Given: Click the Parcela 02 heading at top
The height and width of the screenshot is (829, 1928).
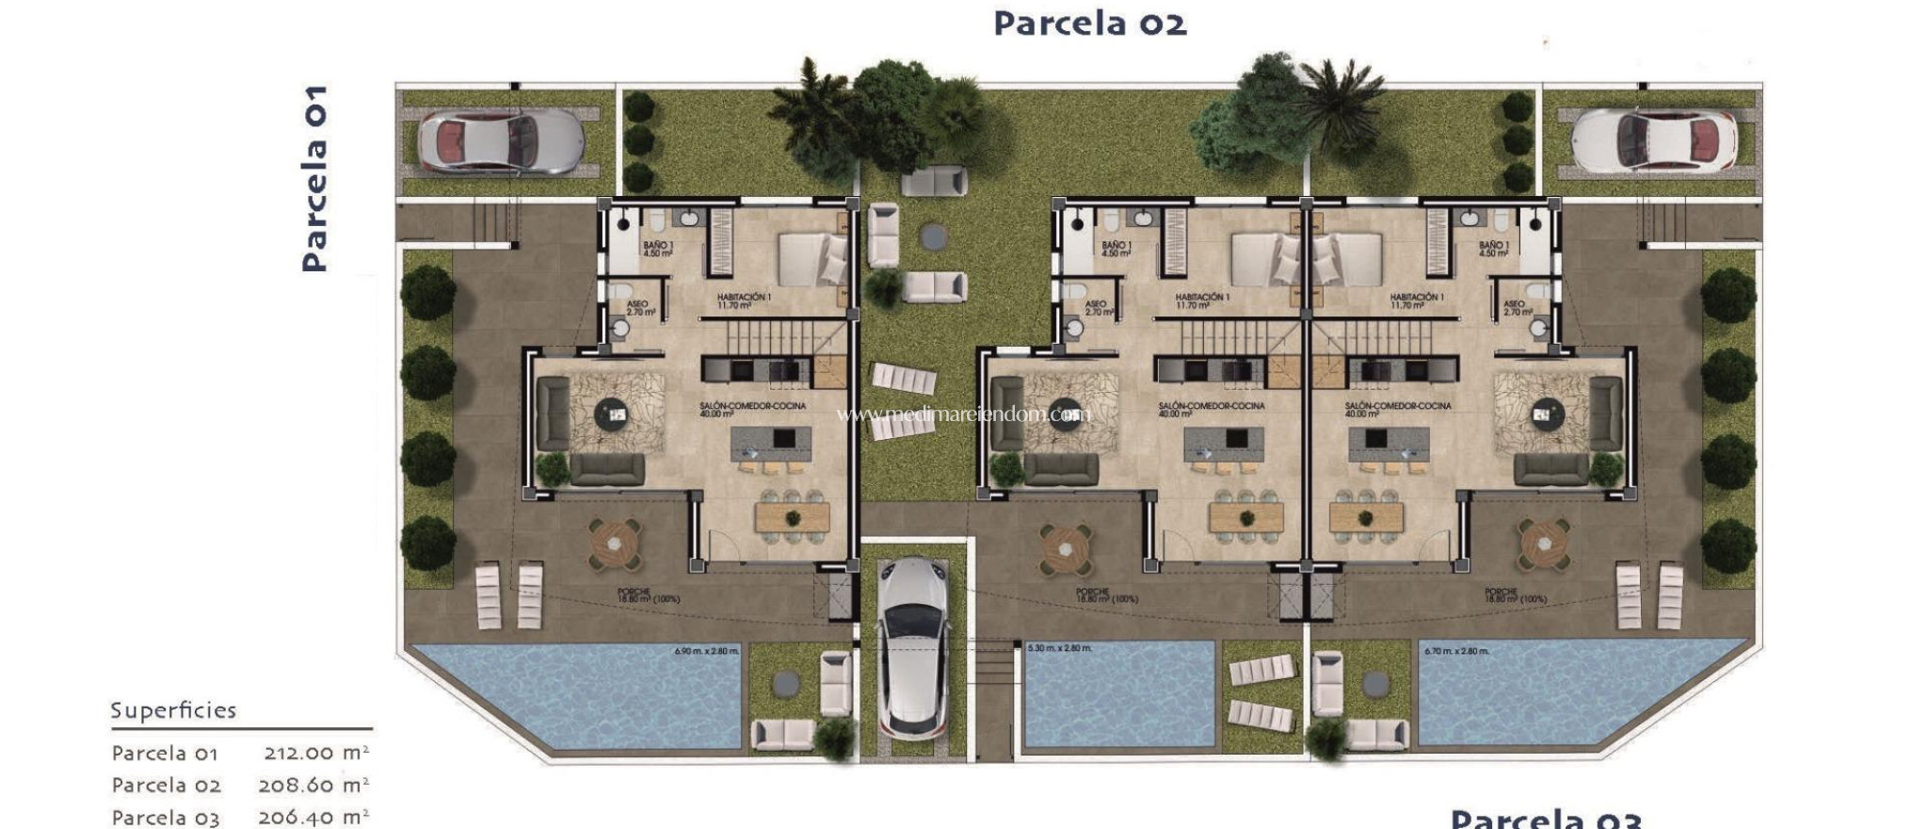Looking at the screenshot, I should click(x=1089, y=23).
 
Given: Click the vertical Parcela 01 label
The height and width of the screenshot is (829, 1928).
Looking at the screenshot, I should click(x=314, y=179).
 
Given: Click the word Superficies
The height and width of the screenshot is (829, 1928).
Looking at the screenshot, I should click(x=173, y=710).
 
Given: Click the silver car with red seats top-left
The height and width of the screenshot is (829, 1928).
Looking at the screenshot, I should click(x=499, y=141).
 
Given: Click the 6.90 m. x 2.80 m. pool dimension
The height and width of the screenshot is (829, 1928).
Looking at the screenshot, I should click(x=706, y=651).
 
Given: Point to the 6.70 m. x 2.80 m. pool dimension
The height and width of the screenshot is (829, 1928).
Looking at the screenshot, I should click(x=1456, y=651).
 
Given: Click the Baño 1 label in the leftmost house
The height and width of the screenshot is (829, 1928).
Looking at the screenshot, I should click(x=658, y=249).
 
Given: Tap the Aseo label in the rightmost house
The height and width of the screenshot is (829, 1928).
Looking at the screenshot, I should click(x=1516, y=308).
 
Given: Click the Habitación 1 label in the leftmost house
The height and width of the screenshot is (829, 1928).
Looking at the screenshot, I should click(x=744, y=301).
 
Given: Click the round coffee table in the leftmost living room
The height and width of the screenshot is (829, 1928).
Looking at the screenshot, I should click(x=614, y=412).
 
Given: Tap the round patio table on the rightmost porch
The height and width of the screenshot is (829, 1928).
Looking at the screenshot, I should click(x=1543, y=544).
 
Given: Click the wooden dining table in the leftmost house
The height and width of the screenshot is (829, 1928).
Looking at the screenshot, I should click(x=792, y=516).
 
